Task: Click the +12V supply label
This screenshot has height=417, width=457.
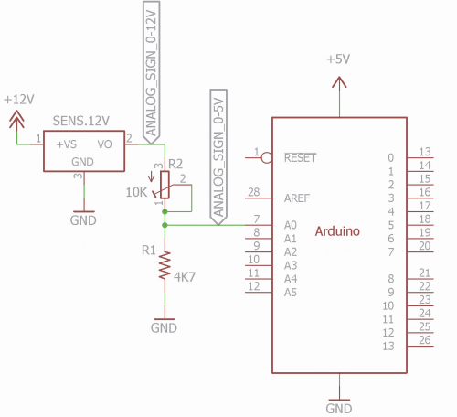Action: coord(19,100)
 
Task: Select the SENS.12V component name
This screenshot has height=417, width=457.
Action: coord(81,121)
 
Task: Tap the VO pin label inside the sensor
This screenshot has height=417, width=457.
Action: coord(105,144)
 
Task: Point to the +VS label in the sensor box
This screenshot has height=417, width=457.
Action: coord(67,144)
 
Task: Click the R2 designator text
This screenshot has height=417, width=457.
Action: coord(175,165)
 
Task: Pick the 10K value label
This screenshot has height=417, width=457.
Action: coord(136,192)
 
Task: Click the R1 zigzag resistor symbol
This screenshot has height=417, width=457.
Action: coord(165,265)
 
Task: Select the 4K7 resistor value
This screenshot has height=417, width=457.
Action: coord(185,277)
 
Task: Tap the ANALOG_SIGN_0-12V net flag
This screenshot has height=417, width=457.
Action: coord(151,72)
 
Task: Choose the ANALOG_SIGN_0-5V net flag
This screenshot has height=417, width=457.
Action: coord(218,157)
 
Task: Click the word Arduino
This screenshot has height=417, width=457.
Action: coord(337,231)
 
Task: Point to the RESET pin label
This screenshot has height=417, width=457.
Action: coord(301,158)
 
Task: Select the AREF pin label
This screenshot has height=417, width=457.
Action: coord(297,198)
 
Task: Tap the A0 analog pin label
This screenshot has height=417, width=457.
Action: coord(291,225)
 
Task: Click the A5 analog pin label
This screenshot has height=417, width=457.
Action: coord(291,293)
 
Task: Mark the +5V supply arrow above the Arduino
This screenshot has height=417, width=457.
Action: coord(339,82)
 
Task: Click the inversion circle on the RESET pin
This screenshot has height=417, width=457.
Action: coord(267,158)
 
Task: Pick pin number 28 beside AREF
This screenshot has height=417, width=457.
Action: coord(254,192)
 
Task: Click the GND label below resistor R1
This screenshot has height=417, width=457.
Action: coord(164,328)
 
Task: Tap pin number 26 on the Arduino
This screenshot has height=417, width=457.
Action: coord(425,340)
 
